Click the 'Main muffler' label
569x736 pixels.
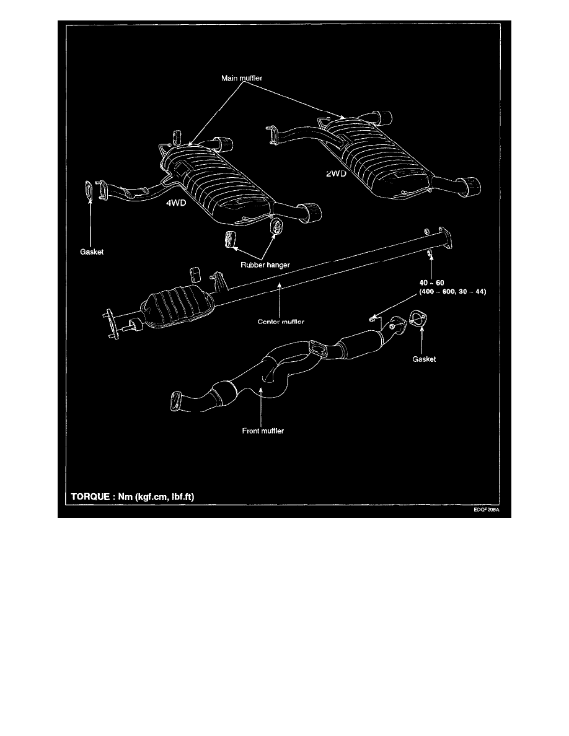241,78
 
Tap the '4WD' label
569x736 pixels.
176,203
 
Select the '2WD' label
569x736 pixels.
336,173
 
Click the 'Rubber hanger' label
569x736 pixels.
265,265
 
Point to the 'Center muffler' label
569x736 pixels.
281,322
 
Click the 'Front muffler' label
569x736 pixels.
263,431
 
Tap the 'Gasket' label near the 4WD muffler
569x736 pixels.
92,252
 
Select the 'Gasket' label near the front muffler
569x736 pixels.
424,359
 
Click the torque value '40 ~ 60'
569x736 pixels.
431,283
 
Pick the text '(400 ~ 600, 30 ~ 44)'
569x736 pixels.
452,292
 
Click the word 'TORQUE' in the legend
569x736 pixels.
90,497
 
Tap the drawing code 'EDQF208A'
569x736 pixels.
486,510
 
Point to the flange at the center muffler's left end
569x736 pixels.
110,323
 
